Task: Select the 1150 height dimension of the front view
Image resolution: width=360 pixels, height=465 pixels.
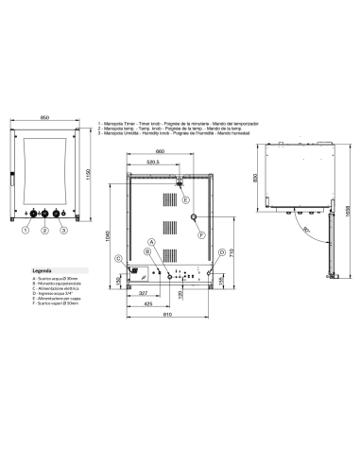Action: (90, 177)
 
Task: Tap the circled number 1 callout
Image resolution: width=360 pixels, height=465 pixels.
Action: (26, 230)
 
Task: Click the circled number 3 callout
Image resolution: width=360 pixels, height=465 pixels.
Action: (63, 230)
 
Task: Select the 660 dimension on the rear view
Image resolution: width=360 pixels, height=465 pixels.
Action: (161, 150)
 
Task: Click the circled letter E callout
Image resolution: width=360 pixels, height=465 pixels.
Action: (185, 198)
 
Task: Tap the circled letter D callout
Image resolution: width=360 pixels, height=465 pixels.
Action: (220, 253)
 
